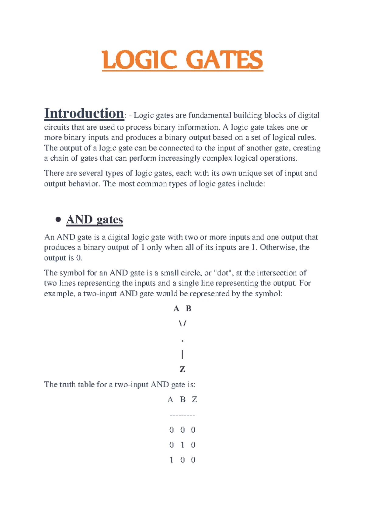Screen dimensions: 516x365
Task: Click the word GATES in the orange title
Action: coord(224,60)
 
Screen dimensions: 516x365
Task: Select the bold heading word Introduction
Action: coord(84,113)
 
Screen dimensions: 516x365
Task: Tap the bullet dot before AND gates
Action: coord(58,220)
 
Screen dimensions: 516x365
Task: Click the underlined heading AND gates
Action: coord(95,220)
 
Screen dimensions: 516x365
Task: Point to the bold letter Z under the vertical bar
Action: coord(182,369)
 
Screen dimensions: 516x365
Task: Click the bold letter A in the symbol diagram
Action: coord(176,309)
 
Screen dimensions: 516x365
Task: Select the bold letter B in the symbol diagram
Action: coord(189,309)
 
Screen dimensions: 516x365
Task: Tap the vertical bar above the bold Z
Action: coord(182,354)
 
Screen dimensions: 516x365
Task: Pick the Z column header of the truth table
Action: coord(194,399)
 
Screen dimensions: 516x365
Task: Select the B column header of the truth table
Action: coord(182,399)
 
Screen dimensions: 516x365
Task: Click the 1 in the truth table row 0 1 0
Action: coord(182,445)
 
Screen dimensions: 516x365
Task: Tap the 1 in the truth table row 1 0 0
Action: coord(172,460)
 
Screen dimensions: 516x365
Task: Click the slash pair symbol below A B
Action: coord(182,323)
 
